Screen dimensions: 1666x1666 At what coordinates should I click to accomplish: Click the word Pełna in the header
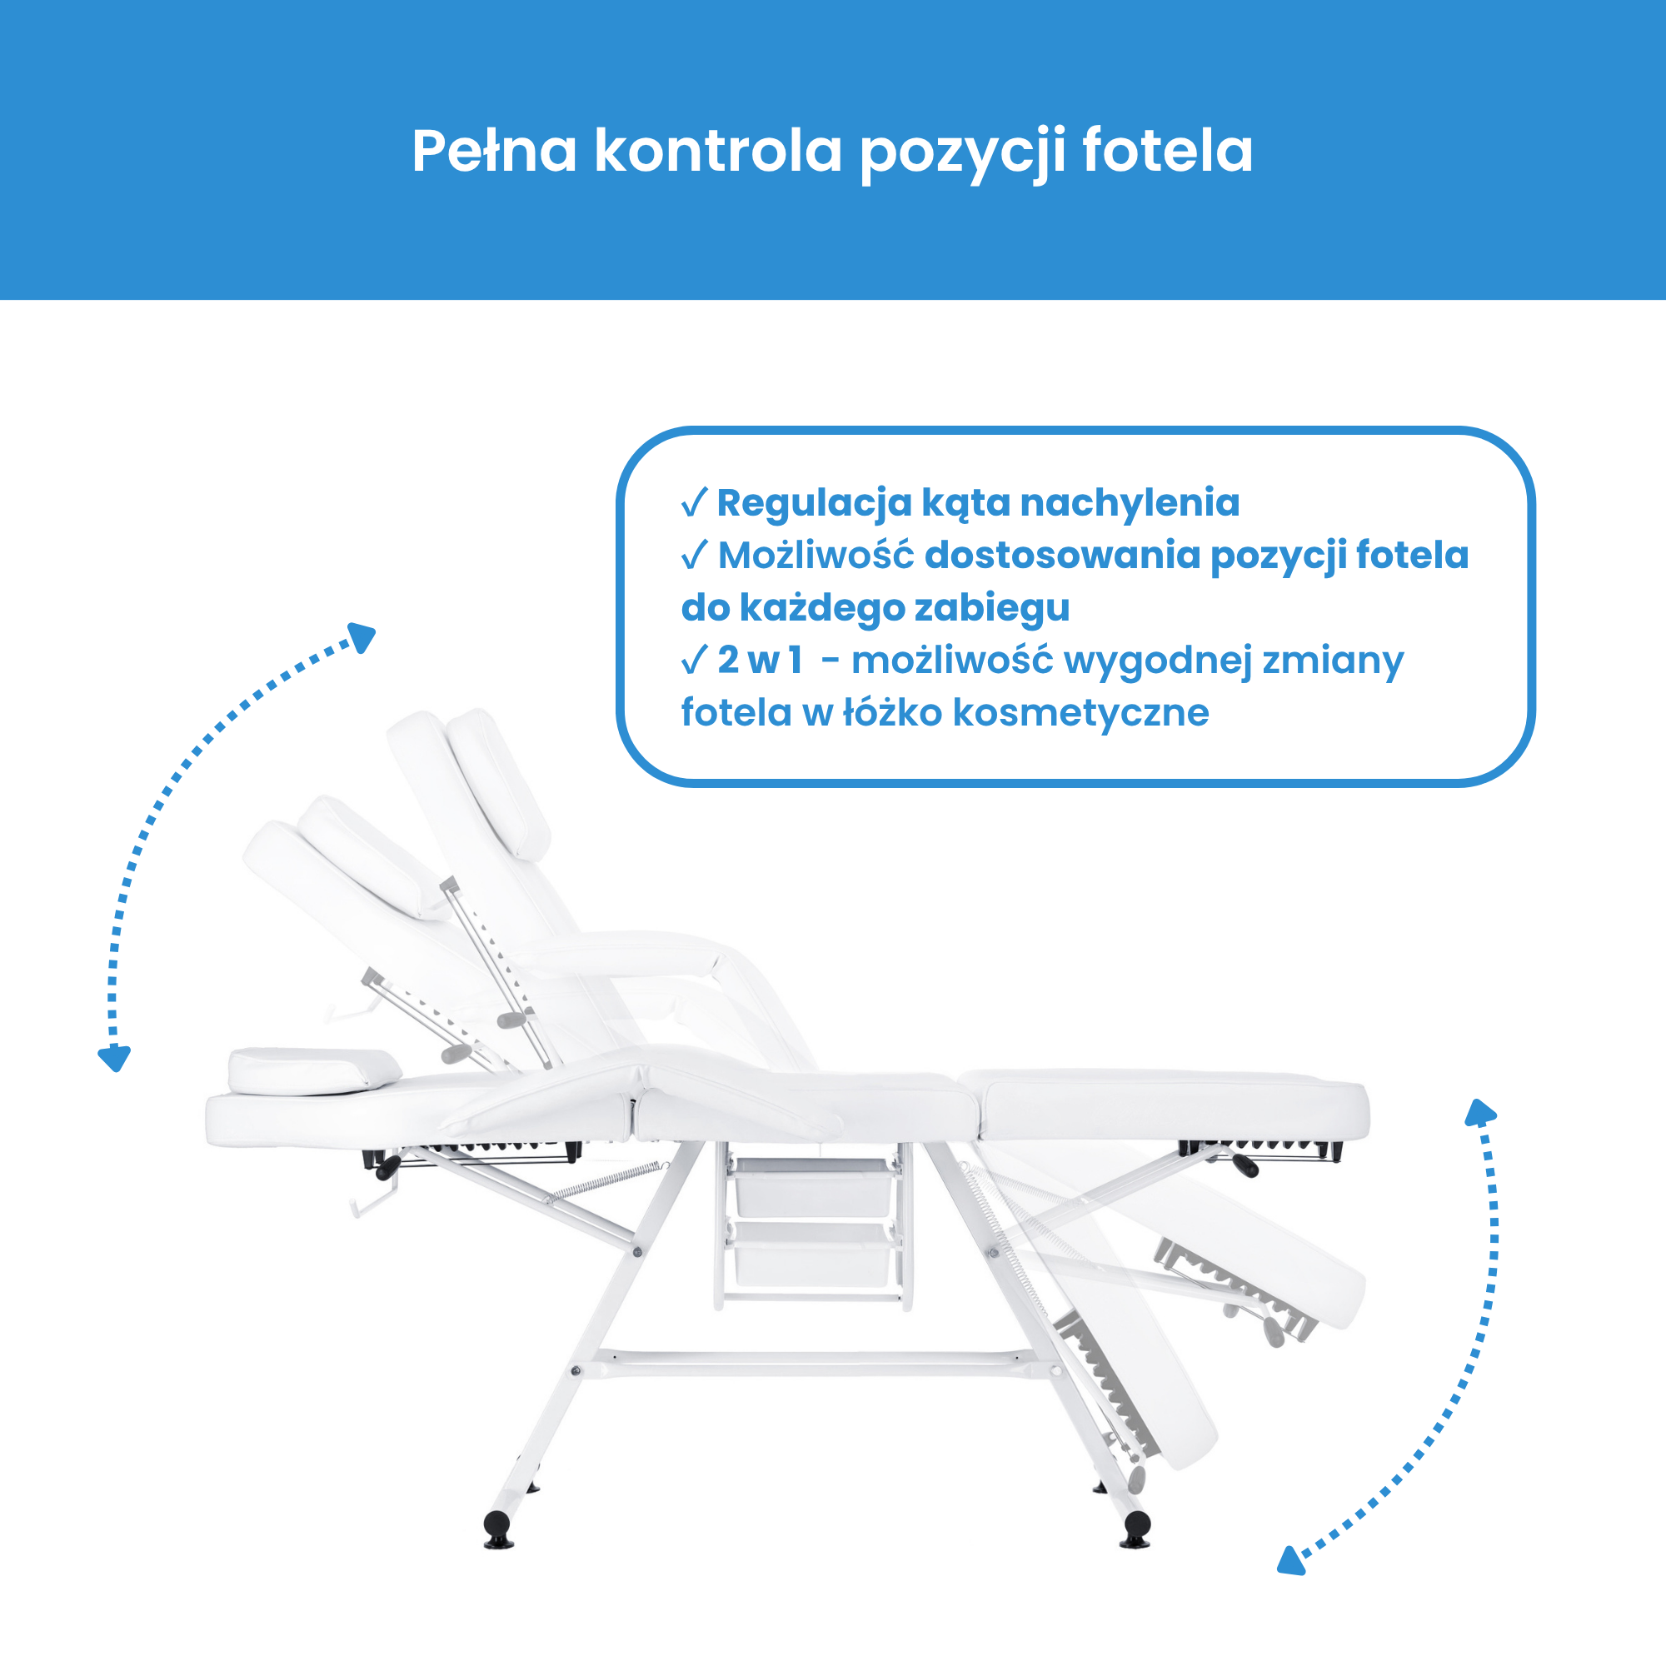pos(493,152)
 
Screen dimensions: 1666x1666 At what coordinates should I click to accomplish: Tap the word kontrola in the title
pos(717,152)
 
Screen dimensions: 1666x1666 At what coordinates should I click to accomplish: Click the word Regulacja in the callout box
pos(814,504)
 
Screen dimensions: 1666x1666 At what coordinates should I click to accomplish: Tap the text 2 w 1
pos(760,661)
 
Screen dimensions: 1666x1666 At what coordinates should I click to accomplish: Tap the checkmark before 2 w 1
pos(694,661)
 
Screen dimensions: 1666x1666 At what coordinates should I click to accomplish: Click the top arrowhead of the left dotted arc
pos(362,637)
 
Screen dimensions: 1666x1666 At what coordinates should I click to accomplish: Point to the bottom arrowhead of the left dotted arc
pos(115,1058)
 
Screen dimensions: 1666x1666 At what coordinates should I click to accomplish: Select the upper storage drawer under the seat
pos(812,1187)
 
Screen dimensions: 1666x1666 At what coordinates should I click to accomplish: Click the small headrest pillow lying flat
pos(314,1070)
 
